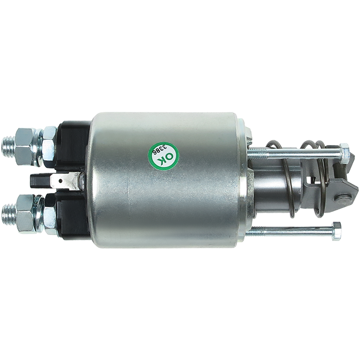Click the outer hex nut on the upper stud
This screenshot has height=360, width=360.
24,146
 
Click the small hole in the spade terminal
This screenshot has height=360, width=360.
60,181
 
